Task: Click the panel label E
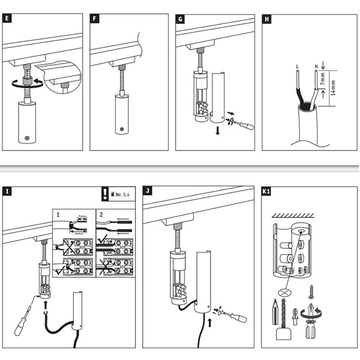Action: coord(7,18)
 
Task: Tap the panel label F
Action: coord(94,18)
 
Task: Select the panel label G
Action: coord(181,18)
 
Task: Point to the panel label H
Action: coord(266,18)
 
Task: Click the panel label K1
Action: coord(267,192)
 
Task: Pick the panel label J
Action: coord(148,192)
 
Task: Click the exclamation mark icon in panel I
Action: coord(105,194)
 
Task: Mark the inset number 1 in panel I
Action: coord(58,214)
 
